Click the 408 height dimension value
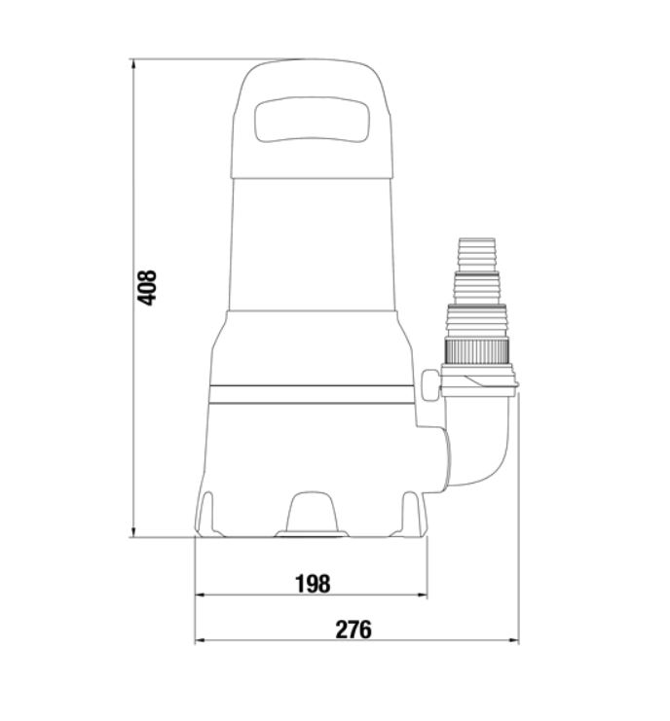pos(147,288)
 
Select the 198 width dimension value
pos(313,583)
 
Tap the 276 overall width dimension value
pos(354,630)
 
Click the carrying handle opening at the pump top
pos(313,124)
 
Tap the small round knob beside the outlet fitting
pos(430,381)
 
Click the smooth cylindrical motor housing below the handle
pos(313,243)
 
